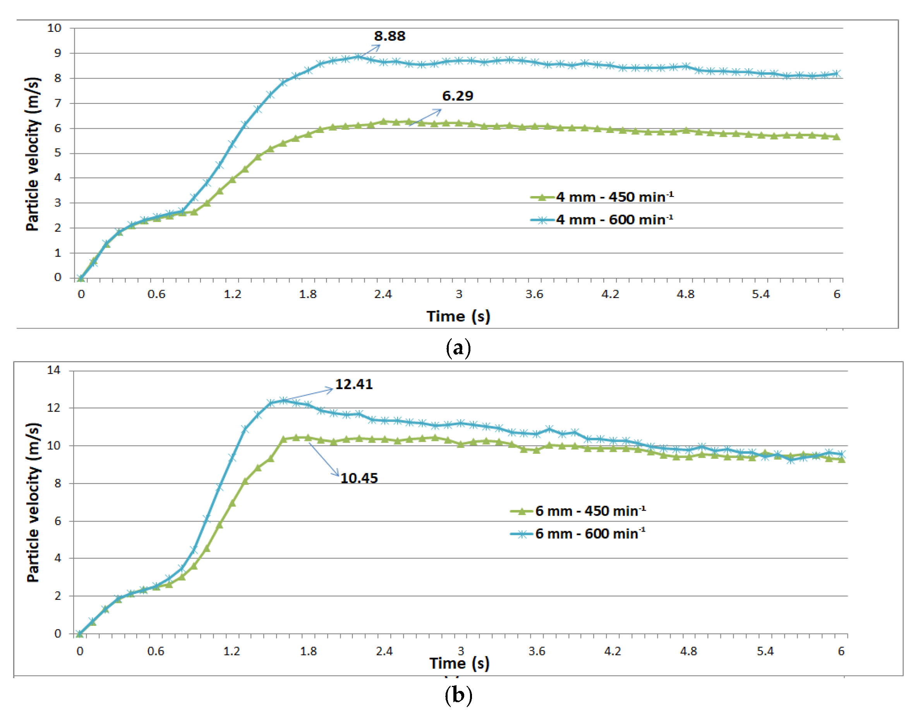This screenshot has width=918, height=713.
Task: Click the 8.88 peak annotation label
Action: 389,36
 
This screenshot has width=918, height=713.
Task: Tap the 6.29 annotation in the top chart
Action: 457,96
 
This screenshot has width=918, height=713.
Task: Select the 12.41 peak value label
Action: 353,384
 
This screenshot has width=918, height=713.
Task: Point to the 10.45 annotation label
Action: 359,478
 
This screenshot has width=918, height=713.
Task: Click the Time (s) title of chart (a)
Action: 458,316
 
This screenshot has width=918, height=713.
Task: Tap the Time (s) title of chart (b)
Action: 459,663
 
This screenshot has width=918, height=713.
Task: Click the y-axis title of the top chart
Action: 33,154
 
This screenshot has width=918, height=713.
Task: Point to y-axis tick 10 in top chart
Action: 54,28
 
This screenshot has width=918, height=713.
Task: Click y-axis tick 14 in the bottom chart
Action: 54,370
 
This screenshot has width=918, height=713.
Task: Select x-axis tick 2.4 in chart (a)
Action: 383,294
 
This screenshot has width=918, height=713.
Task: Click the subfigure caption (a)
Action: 458,348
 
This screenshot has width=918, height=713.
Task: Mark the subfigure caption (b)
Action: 458,695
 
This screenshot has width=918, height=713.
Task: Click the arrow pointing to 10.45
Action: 324,459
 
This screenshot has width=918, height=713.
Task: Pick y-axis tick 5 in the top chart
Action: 58,153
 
